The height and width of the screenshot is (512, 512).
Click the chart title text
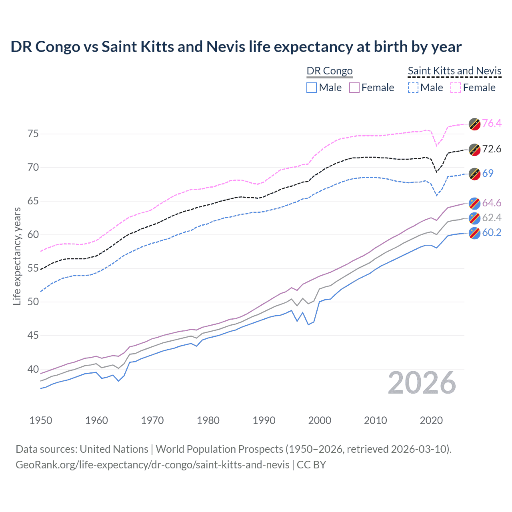tap(236, 47)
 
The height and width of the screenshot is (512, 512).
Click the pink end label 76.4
tap(492, 123)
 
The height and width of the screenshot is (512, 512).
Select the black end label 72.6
tap(492, 149)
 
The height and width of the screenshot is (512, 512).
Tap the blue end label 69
tap(488, 173)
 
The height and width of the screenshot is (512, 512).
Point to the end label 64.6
tap(492, 203)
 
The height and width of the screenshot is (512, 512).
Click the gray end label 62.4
tap(492, 218)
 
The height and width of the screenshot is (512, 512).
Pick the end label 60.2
tap(492, 232)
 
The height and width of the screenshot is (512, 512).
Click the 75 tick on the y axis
tap(33, 134)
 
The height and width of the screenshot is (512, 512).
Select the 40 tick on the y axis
tap(33, 369)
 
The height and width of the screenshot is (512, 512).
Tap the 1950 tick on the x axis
tap(41, 420)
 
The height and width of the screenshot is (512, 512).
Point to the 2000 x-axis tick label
tap(320, 420)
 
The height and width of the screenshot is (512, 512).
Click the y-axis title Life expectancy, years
tap(17, 256)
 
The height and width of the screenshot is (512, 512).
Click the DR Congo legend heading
tap(329, 71)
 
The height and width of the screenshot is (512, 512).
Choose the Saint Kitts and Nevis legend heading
tap(454, 71)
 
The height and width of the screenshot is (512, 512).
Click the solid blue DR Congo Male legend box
tap(312, 88)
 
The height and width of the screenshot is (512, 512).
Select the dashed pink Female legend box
tap(456, 88)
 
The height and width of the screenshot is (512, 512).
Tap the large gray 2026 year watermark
tap(422, 383)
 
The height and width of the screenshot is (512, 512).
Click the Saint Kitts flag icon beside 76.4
tap(474, 124)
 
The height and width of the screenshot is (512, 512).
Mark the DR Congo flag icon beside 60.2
tap(474, 233)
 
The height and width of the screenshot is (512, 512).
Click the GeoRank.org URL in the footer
tap(152, 465)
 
